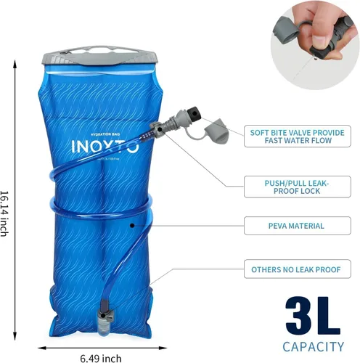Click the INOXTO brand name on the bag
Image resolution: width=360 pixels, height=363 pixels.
pos(104,146)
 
